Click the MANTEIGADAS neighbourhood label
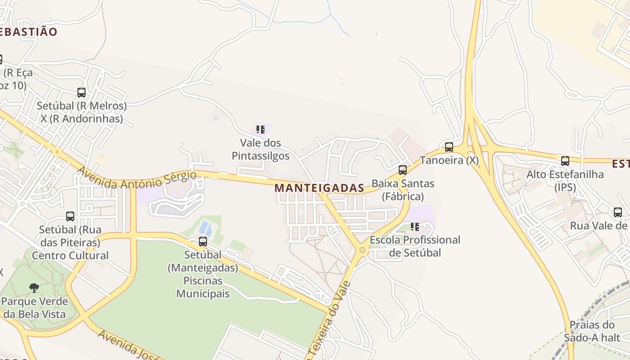(x=319, y=188)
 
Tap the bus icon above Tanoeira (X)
(x=449, y=147)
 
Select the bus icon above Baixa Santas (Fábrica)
(x=403, y=170)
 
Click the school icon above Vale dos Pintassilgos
(x=260, y=130)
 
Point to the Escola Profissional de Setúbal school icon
(x=415, y=227)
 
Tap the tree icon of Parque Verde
(x=34, y=288)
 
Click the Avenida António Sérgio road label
(x=138, y=179)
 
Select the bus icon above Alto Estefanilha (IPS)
(x=565, y=161)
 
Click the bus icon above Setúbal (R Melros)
(x=81, y=93)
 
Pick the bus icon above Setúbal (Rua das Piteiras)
(x=70, y=216)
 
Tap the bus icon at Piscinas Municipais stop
(x=203, y=242)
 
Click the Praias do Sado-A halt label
(x=592, y=331)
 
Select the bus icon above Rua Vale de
(x=618, y=212)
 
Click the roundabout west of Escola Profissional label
(x=362, y=250)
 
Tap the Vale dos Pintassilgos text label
(x=261, y=149)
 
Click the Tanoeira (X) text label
(x=449, y=160)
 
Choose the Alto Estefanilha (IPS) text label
(x=565, y=180)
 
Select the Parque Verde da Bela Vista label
(x=34, y=308)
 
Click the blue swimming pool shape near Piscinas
(x=204, y=227)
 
